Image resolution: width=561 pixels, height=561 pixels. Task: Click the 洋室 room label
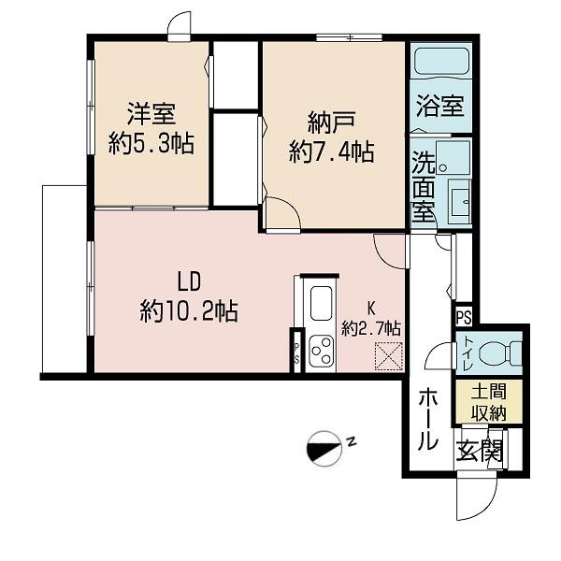[x=151, y=114]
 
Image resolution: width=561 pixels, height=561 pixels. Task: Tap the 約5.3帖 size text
[x=151, y=143]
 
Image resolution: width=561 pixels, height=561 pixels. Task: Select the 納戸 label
[x=331, y=122]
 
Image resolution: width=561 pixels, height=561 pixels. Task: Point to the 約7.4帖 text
[x=331, y=151]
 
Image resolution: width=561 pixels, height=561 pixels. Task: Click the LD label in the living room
[x=189, y=281]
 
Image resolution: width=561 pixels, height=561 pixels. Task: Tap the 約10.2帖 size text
[x=189, y=310]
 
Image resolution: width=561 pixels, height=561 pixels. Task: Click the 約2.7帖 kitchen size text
[x=370, y=328]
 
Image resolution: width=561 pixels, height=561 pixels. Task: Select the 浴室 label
[x=440, y=106]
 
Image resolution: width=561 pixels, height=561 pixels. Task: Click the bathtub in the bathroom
[x=441, y=62]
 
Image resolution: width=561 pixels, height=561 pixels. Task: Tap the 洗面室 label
[x=424, y=186]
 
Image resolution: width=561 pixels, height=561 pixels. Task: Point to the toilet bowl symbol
[x=500, y=352]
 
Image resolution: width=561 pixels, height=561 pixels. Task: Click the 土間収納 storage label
[x=488, y=403]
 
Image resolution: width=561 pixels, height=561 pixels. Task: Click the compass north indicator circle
[x=324, y=448]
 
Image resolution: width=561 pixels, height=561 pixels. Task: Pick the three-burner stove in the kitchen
[x=322, y=351]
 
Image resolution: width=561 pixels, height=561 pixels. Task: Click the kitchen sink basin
[x=321, y=304]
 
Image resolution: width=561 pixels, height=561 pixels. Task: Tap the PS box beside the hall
[x=464, y=317]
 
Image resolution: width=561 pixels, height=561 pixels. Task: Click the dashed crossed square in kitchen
[x=389, y=356]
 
